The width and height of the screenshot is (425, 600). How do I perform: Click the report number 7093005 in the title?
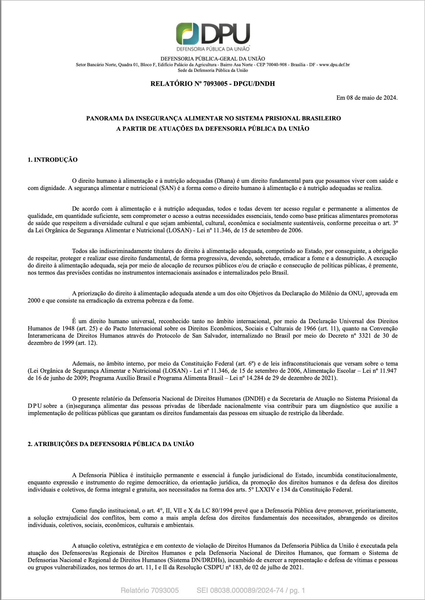tap(215, 84)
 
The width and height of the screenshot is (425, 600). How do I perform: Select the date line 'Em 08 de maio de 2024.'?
tap(367, 98)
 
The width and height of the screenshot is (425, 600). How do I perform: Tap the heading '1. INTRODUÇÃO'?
tap(53, 160)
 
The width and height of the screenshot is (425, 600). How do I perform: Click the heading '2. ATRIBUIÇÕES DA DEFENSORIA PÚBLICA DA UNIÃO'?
tap(111, 444)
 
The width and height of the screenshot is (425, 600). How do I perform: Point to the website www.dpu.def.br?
tap(334, 65)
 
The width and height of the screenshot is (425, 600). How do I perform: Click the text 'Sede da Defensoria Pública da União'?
tap(213, 71)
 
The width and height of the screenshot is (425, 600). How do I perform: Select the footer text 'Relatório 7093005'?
tap(150, 591)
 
